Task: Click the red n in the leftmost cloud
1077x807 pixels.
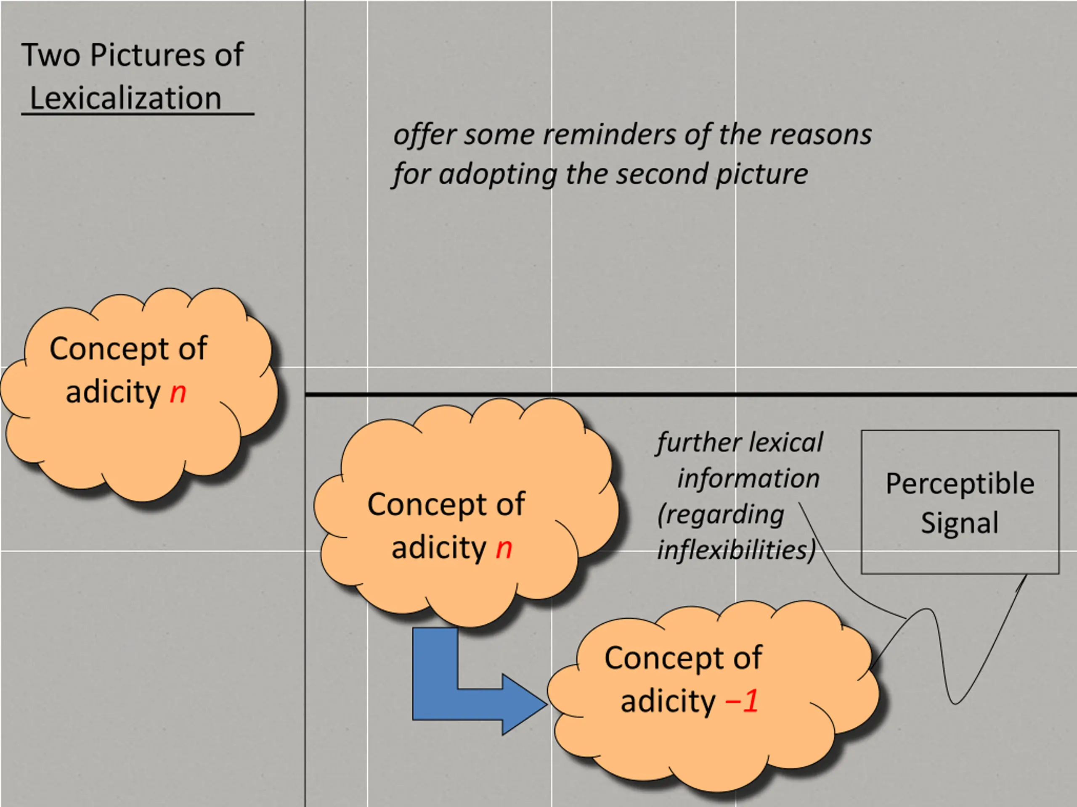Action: pyautogui.click(x=178, y=393)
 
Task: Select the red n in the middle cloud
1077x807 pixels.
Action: pyautogui.click(x=504, y=549)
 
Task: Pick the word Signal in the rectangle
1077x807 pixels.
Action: pyautogui.click(x=960, y=523)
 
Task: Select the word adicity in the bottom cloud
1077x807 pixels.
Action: pyautogui.click(x=668, y=702)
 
